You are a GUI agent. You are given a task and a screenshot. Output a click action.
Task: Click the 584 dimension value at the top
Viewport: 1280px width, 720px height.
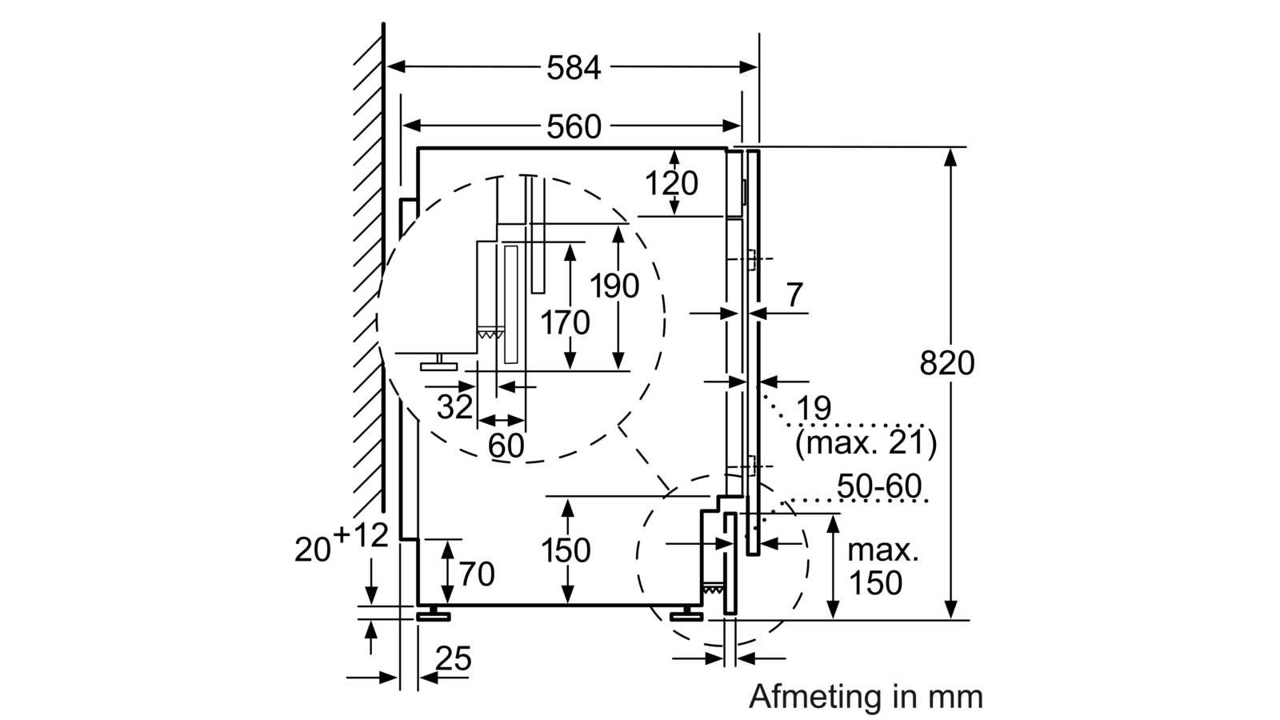[x=574, y=68]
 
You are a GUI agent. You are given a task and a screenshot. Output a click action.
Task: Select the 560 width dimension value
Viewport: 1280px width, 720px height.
[x=574, y=127]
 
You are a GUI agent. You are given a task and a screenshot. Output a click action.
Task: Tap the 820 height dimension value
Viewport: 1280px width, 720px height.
[x=947, y=363]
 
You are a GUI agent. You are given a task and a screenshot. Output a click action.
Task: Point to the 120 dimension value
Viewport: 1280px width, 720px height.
[x=671, y=183]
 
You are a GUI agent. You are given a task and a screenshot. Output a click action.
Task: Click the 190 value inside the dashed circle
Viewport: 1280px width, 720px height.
[x=614, y=286]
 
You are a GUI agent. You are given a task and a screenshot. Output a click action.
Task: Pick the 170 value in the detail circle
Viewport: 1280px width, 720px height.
[x=565, y=323]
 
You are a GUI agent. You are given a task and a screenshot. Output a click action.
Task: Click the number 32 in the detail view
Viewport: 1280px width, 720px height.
[x=455, y=407]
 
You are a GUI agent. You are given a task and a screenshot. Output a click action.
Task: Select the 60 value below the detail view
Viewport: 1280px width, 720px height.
[x=506, y=446]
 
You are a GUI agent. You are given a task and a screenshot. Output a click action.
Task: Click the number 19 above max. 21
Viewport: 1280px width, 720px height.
[x=814, y=409]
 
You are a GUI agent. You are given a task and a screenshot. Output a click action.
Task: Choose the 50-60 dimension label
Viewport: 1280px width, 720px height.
[x=879, y=486]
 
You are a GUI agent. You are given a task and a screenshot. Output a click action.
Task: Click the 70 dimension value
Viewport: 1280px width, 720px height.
[x=477, y=574]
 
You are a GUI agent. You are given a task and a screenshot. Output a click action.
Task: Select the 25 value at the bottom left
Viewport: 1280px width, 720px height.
[x=454, y=659]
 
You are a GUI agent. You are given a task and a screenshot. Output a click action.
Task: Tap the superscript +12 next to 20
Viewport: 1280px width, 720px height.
[x=361, y=535]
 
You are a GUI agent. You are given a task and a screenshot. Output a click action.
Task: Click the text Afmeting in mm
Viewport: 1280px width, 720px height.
[x=866, y=697]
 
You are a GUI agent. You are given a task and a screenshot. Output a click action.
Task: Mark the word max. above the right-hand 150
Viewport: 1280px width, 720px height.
[x=883, y=551]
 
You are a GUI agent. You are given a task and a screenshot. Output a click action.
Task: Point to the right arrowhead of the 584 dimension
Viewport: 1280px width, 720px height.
[x=749, y=67]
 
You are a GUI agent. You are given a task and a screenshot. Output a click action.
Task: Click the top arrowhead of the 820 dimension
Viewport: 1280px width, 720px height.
[x=950, y=157]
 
